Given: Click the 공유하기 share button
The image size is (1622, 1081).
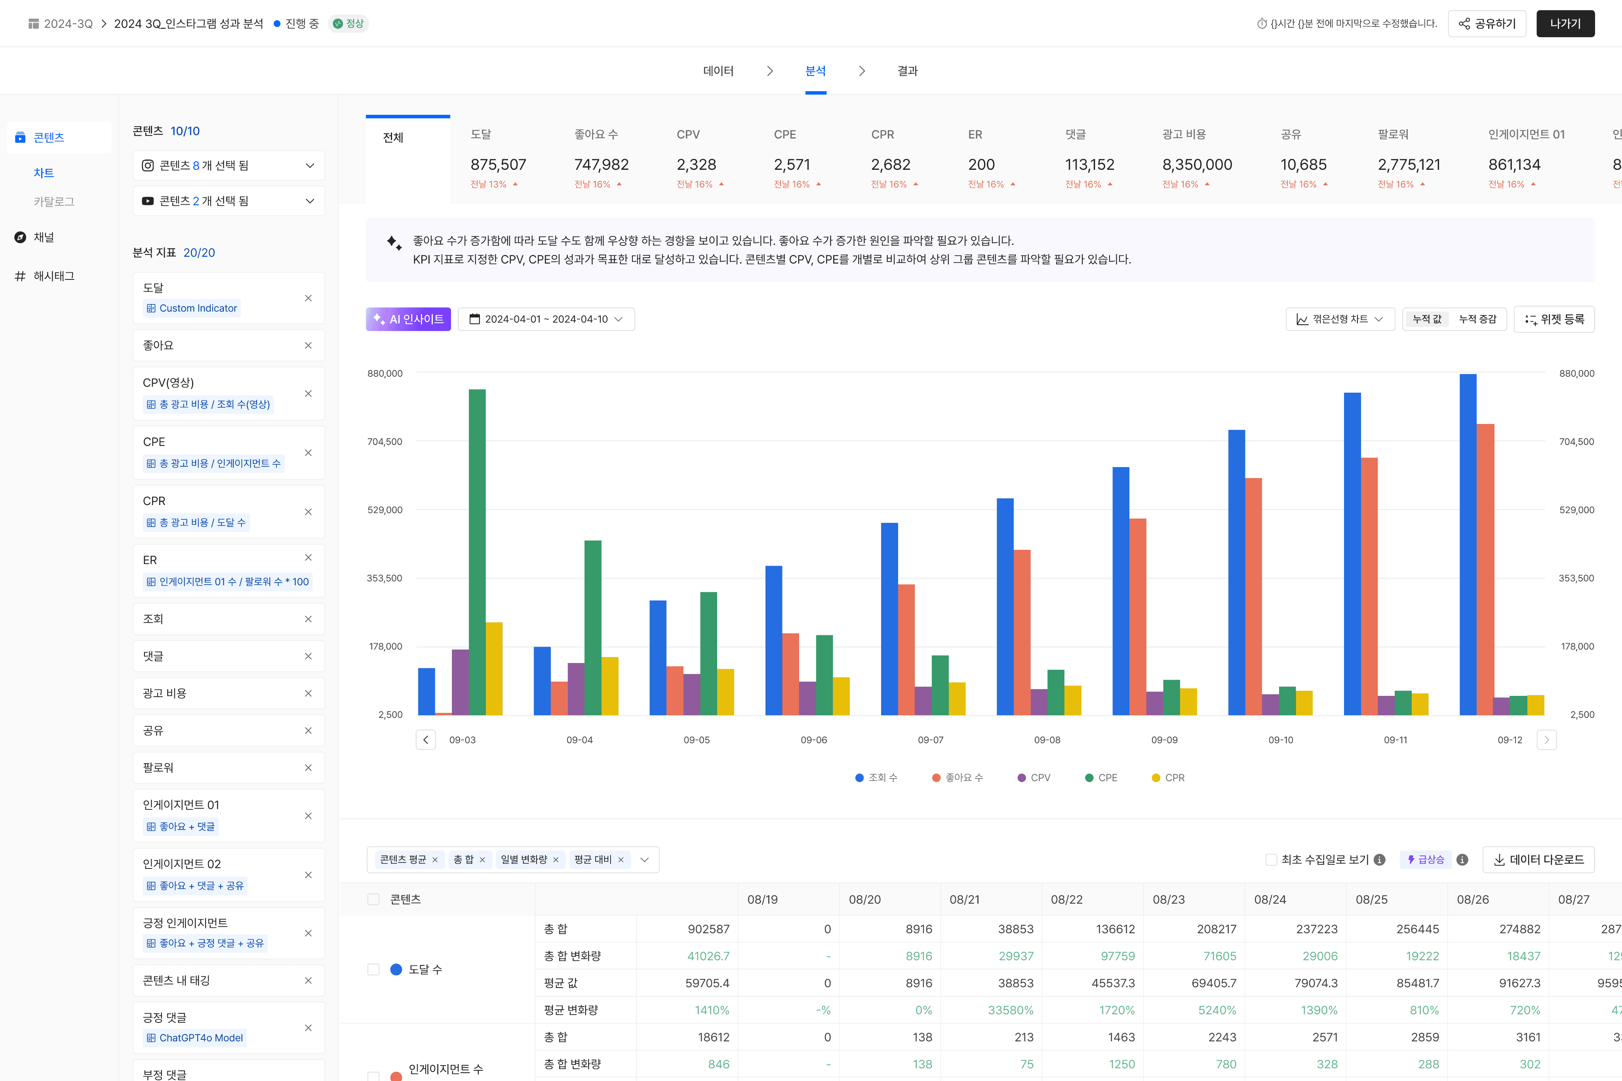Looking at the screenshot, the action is point(1487,23).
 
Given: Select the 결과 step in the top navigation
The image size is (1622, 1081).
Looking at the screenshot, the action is point(908,71).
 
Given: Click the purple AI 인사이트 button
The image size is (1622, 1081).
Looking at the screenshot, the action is point(408,319).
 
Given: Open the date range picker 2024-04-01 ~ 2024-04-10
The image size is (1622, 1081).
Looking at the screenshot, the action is point(546,319).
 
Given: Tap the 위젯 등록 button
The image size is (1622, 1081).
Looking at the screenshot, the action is point(1554,319).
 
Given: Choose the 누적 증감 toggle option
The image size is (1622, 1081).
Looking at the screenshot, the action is point(1477,319).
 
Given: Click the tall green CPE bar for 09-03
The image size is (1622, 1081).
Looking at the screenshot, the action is point(477,551).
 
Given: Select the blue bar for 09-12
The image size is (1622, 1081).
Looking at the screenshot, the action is point(1468,545).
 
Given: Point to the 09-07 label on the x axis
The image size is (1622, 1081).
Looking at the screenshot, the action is point(930,740).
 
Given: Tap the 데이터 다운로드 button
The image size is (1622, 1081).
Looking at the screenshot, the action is point(1538,860).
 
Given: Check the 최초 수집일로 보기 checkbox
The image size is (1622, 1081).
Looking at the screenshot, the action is point(1271,860).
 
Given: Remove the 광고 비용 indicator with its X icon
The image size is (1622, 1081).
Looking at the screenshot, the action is point(308,693).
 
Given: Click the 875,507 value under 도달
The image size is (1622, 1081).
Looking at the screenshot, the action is point(498,165).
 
